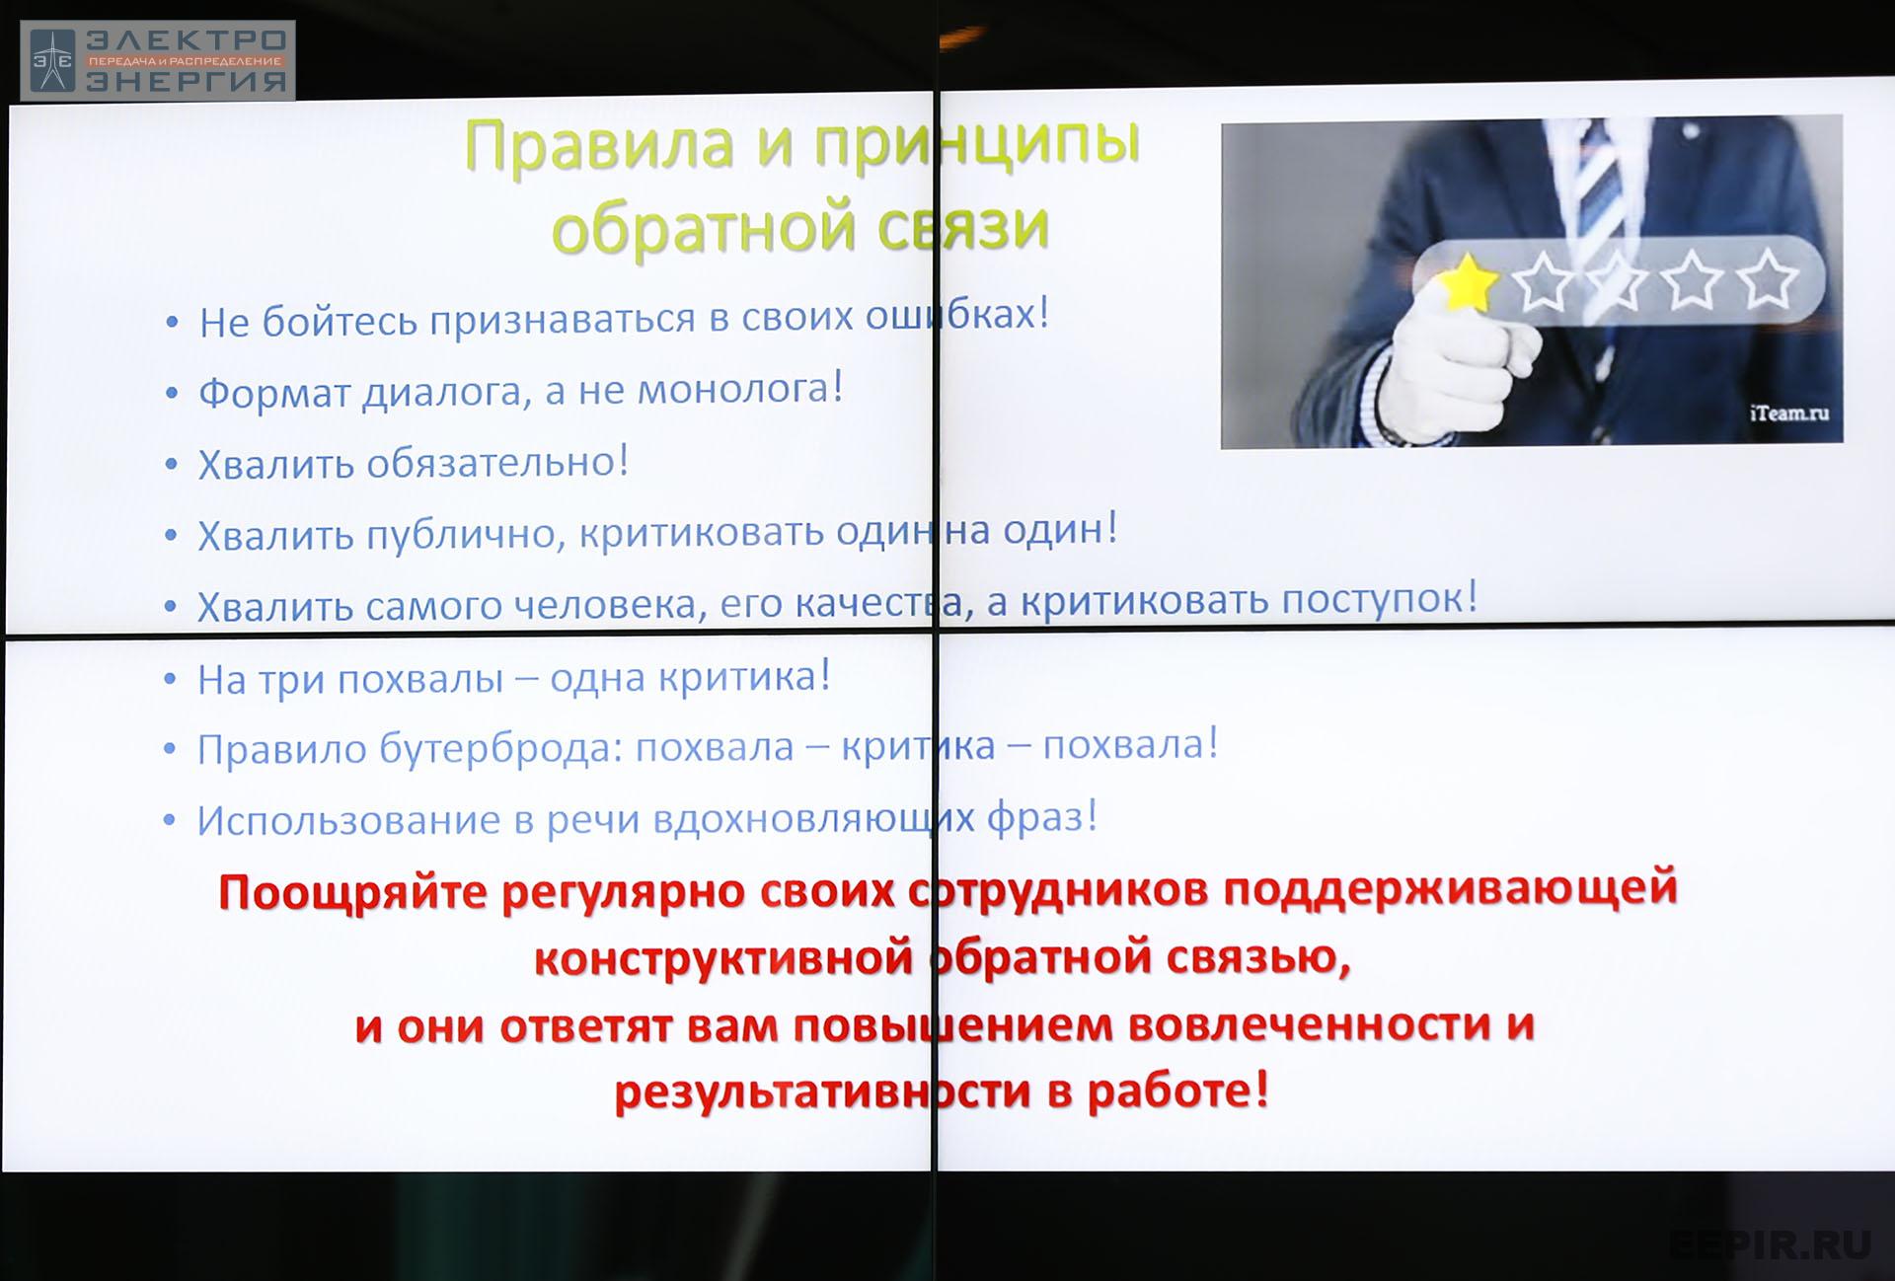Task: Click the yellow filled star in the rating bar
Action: point(1469,282)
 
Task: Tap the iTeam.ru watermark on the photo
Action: point(1789,414)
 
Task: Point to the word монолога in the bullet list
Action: point(740,389)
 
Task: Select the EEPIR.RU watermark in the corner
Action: point(1770,1245)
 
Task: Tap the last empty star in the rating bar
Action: point(1768,279)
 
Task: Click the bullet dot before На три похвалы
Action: point(170,679)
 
